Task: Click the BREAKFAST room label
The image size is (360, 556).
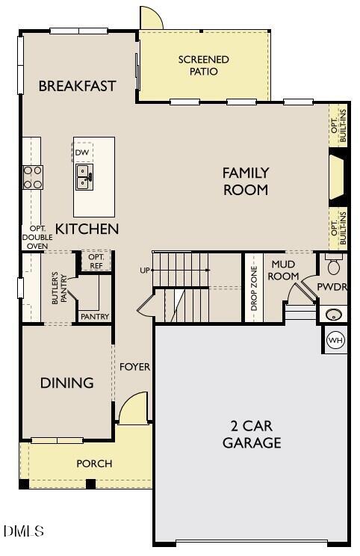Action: tap(78, 86)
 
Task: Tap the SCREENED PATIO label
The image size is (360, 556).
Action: tap(203, 66)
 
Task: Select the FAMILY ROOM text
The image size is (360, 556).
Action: tap(245, 182)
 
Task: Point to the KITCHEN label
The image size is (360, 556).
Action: tap(87, 229)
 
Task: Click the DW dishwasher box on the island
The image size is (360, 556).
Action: tap(82, 152)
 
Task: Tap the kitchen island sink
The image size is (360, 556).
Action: tap(83, 177)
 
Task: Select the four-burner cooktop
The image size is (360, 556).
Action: tap(33, 176)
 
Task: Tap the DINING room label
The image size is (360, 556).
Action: tap(67, 383)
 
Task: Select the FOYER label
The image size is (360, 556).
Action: tap(134, 367)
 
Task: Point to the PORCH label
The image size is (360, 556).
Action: tap(94, 463)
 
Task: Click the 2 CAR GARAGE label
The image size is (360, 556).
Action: tap(252, 434)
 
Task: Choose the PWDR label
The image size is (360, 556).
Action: tap(332, 286)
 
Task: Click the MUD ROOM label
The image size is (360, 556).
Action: tap(284, 270)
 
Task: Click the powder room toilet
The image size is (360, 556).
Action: tap(334, 265)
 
